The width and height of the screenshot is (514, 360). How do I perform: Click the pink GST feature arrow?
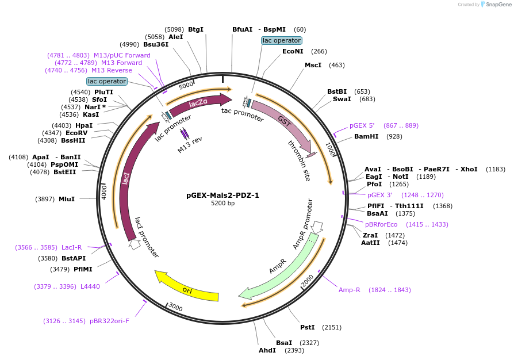coord(285,124)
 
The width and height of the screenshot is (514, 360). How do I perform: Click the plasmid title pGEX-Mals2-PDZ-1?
coord(223,195)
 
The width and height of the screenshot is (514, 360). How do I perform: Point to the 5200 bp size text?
coord(223,204)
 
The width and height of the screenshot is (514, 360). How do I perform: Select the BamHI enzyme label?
coord(366,136)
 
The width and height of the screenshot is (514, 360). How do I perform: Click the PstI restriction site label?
coord(307,327)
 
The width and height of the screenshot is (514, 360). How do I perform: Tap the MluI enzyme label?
coord(67,199)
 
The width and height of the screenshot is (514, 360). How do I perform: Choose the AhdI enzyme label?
coord(267,350)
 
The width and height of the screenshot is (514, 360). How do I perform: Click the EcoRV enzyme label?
coord(76,133)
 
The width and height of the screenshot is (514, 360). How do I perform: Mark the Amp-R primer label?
coord(349,290)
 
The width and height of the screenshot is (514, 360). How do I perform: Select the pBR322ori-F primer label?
coord(109,321)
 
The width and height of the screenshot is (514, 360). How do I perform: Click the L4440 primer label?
coord(90,286)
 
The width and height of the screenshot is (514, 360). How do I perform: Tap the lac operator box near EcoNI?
coord(281,40)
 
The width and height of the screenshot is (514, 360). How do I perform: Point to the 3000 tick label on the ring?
coord(175,308)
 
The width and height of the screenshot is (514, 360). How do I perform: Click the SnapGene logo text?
coord(496,5)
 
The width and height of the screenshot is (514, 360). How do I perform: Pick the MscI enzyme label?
coord(313,65)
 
